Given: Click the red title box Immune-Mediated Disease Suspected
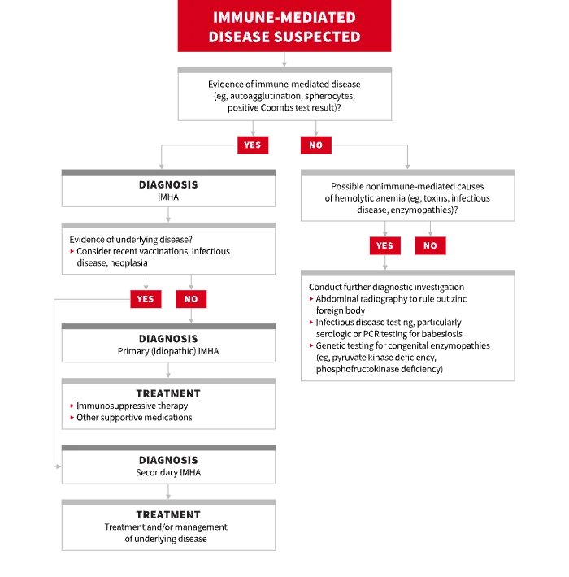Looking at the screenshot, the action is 284,26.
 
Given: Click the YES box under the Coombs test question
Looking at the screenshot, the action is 253,145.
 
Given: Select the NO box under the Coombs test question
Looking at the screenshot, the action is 315,145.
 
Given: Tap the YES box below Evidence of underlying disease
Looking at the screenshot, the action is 146,299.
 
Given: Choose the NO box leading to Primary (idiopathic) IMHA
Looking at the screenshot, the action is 191,299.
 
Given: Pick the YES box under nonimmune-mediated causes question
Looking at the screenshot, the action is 385,245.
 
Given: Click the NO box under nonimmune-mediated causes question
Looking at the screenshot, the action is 430,245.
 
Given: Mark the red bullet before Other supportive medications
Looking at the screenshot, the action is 72,417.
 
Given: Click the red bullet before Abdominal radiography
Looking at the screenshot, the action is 311,299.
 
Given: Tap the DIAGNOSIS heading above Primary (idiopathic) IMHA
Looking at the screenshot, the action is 168,339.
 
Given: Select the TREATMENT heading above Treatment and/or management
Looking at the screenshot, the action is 168,514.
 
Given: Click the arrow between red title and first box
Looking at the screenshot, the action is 284,59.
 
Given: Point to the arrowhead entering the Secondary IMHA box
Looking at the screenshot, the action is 59,466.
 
